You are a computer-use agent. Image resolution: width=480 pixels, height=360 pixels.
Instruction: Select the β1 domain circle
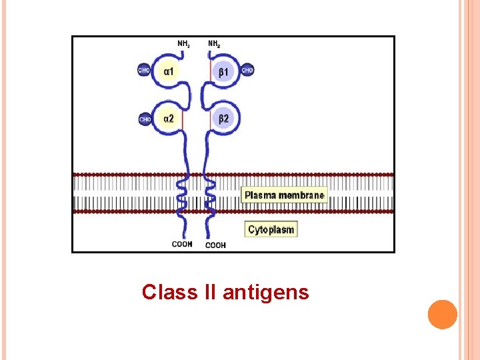224,71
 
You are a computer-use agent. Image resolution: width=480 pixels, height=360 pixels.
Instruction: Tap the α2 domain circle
169,119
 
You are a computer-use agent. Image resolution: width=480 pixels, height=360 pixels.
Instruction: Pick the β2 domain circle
224,119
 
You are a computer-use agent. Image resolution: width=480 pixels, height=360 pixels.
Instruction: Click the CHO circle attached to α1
144,69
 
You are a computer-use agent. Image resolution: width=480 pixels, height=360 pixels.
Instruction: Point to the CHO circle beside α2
145,119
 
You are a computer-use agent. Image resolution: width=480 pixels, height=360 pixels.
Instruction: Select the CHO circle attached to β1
247,69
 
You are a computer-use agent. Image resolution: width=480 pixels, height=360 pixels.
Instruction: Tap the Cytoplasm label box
271,229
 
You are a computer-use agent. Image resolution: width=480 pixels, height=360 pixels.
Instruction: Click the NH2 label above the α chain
183,44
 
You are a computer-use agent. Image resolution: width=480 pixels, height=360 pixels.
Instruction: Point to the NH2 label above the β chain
214,44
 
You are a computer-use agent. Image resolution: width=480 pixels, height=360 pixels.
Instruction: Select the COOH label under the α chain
182,244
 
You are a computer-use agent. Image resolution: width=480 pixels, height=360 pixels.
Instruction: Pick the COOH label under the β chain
215,245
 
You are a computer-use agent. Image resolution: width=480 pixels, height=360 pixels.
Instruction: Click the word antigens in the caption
266,292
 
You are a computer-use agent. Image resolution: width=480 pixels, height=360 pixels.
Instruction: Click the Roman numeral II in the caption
210,292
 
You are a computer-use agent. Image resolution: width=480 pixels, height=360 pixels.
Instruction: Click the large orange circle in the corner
442,314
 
